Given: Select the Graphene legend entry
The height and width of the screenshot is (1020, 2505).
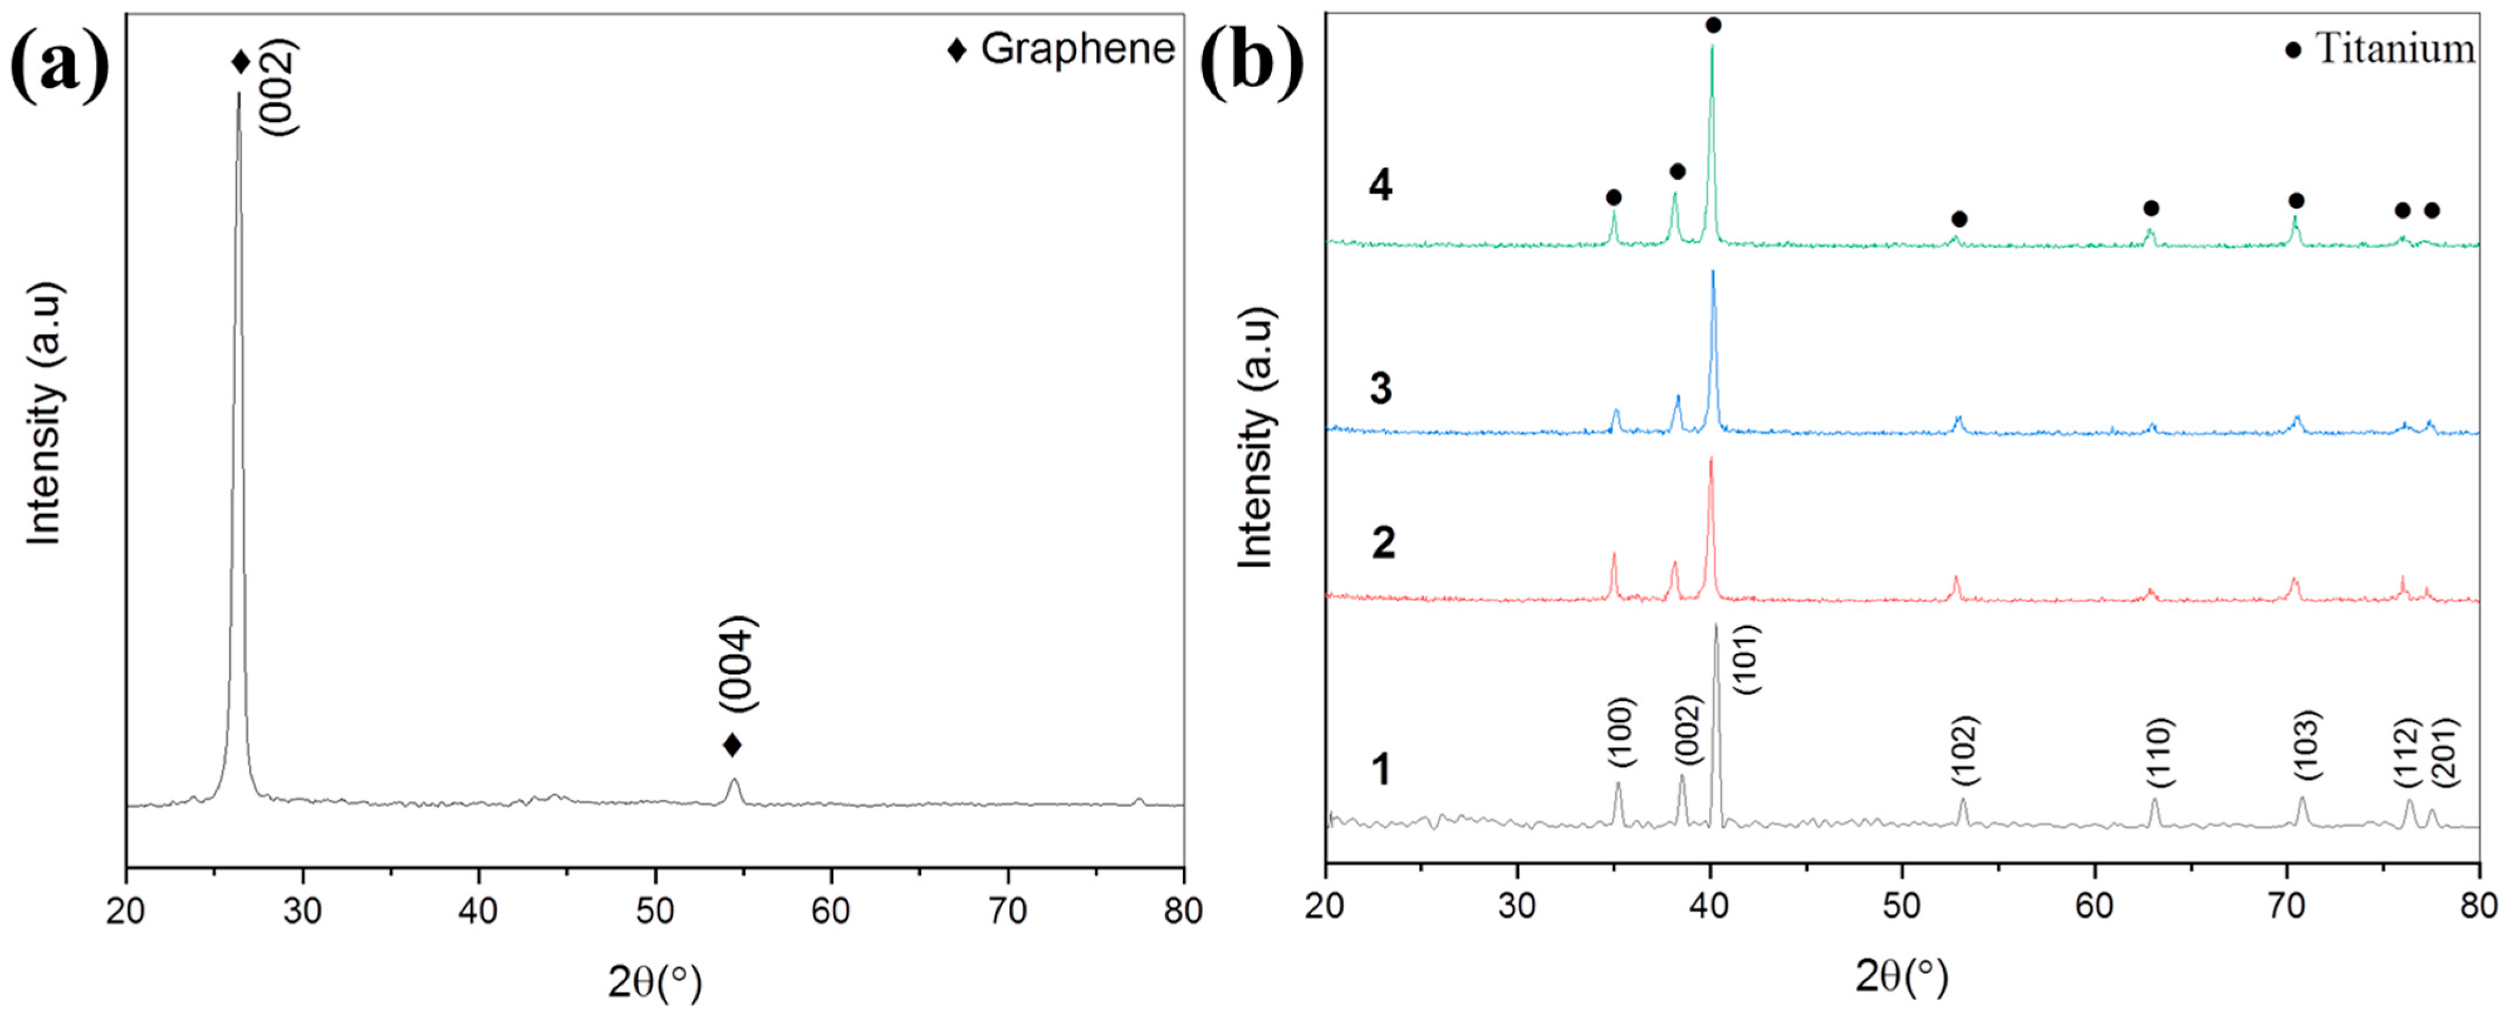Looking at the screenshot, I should click(x=1062, y=49).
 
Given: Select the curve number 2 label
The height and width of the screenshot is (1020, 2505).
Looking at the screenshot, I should click(x=1383, y=542).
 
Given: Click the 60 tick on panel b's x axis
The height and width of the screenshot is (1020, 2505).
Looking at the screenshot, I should click(x=2094, y=905).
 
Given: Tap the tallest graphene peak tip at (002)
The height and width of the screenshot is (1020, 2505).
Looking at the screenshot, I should click(x=238, y=95).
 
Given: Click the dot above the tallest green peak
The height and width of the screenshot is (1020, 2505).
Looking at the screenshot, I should click(x=1713, y=25).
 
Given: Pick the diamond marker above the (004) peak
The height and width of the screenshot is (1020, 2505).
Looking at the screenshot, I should click(x=732, y=746).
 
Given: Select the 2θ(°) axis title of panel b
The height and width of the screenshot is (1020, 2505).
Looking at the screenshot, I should click(x=1901, y=977).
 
